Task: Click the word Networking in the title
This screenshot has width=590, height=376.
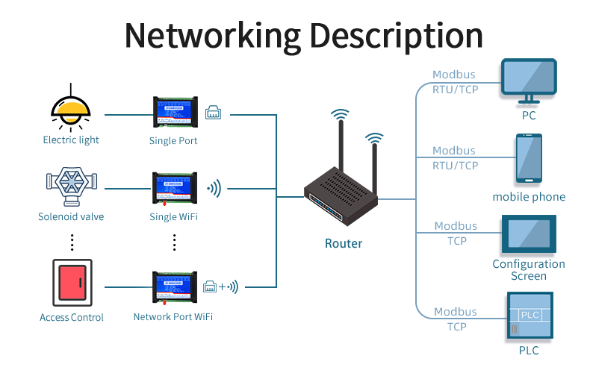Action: point(212,34)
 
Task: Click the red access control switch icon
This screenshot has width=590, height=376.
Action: point(72,283)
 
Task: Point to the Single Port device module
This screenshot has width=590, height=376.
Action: point(173,111)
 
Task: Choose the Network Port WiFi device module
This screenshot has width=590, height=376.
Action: point(173,288)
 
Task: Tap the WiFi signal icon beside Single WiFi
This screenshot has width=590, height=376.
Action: point(214,188)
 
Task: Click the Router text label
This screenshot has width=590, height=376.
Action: point(344,243)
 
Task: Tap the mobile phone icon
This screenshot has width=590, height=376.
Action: point(529,158)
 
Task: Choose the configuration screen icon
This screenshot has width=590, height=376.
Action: point(529,234)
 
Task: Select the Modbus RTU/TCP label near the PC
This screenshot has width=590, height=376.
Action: point(454,82)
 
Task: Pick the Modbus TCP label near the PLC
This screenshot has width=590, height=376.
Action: point(455,319)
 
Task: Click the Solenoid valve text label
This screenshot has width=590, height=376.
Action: point(71,217)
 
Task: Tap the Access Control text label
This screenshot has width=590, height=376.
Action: point(72,318)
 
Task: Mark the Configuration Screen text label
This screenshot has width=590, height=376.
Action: point(529,270)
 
